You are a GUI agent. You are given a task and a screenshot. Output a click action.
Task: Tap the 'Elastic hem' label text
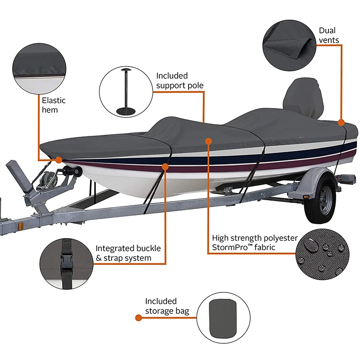point(54,105)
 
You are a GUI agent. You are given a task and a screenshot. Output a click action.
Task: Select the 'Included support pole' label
point(180,80)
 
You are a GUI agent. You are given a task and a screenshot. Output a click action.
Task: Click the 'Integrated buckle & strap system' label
point(128,253)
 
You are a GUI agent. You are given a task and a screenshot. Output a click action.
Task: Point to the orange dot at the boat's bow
point(58,159)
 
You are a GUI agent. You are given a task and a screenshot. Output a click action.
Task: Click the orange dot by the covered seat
point(341,122)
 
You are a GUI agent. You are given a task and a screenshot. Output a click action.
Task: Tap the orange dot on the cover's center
point(208,141)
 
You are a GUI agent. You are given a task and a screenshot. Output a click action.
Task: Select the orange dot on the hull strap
point(165,166)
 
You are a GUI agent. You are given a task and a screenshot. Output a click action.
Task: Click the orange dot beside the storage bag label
point(139,318)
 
